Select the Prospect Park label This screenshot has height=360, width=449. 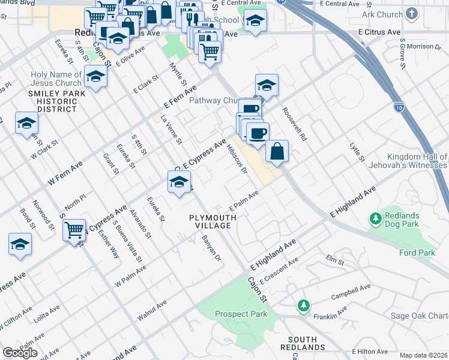[241, 314]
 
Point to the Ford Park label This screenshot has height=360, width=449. [417, 253]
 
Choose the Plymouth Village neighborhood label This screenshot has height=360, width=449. [209, 221]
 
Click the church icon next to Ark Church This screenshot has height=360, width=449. [411, 13]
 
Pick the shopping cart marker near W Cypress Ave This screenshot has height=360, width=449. [74, 229]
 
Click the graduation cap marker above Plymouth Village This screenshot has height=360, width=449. [178, 182]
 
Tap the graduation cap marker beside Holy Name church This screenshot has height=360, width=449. [95, 76]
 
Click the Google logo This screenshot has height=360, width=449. [20, 353]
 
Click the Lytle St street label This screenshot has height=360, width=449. [357, 152]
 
